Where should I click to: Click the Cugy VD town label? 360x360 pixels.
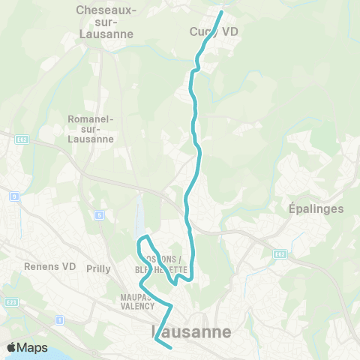[x=204, y=32]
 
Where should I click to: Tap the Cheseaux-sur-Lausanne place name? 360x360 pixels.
[x=105, y=22]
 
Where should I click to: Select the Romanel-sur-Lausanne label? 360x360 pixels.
[x=90, y=129]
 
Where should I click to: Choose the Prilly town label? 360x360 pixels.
[x=99, y=268]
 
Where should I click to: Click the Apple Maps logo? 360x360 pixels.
[x=26, y=348]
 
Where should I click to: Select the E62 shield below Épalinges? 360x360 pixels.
[x=279, y=254]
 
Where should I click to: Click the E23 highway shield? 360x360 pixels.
[x=10, y=302]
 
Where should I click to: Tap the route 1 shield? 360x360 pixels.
[x=59, y=320]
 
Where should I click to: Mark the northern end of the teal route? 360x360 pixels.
[x=221, y=13]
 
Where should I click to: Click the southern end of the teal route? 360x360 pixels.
[x=172, y=347]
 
